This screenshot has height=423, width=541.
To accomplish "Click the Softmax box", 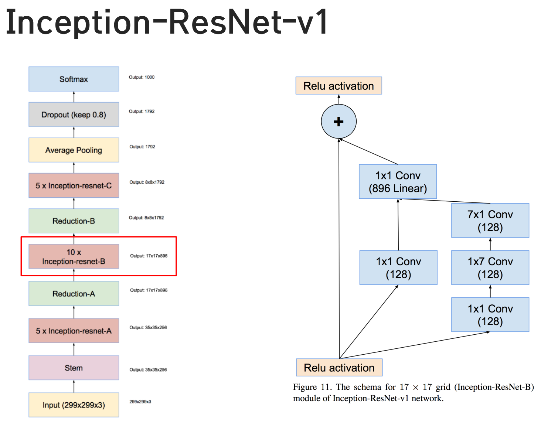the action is pos(74,79).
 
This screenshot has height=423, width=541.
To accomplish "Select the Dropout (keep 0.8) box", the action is pos(74,115).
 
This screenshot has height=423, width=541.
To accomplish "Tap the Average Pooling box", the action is pos(74,150).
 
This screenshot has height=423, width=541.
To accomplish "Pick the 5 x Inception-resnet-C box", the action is pos(74,185).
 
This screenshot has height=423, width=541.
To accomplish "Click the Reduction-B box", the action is pos(74,221).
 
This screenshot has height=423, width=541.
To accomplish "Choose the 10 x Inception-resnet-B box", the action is pos(74,256).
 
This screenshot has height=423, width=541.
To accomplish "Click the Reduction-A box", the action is pos(74,294).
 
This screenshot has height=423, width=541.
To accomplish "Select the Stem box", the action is pos(74,368).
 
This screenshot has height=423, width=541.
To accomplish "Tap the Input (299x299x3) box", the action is pos(74,405).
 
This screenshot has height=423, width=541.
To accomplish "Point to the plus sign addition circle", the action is pos(338,122).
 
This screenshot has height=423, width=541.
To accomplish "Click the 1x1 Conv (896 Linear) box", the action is pos(398,182).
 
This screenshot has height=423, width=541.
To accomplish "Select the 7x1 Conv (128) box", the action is pos(490,221).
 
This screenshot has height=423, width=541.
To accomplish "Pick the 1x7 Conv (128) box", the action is pos(490,267).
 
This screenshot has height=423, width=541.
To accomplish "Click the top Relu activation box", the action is pos(338,86).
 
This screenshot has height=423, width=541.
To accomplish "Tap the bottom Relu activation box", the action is pos(339,368).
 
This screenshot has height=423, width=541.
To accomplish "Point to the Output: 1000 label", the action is pos(142,77).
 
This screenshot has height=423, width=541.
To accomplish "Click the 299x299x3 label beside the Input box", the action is pos(140,402).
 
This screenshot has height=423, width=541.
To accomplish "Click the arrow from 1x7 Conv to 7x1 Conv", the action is pos(490,244).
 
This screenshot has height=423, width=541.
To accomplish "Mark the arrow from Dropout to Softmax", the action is pos(74,97).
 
